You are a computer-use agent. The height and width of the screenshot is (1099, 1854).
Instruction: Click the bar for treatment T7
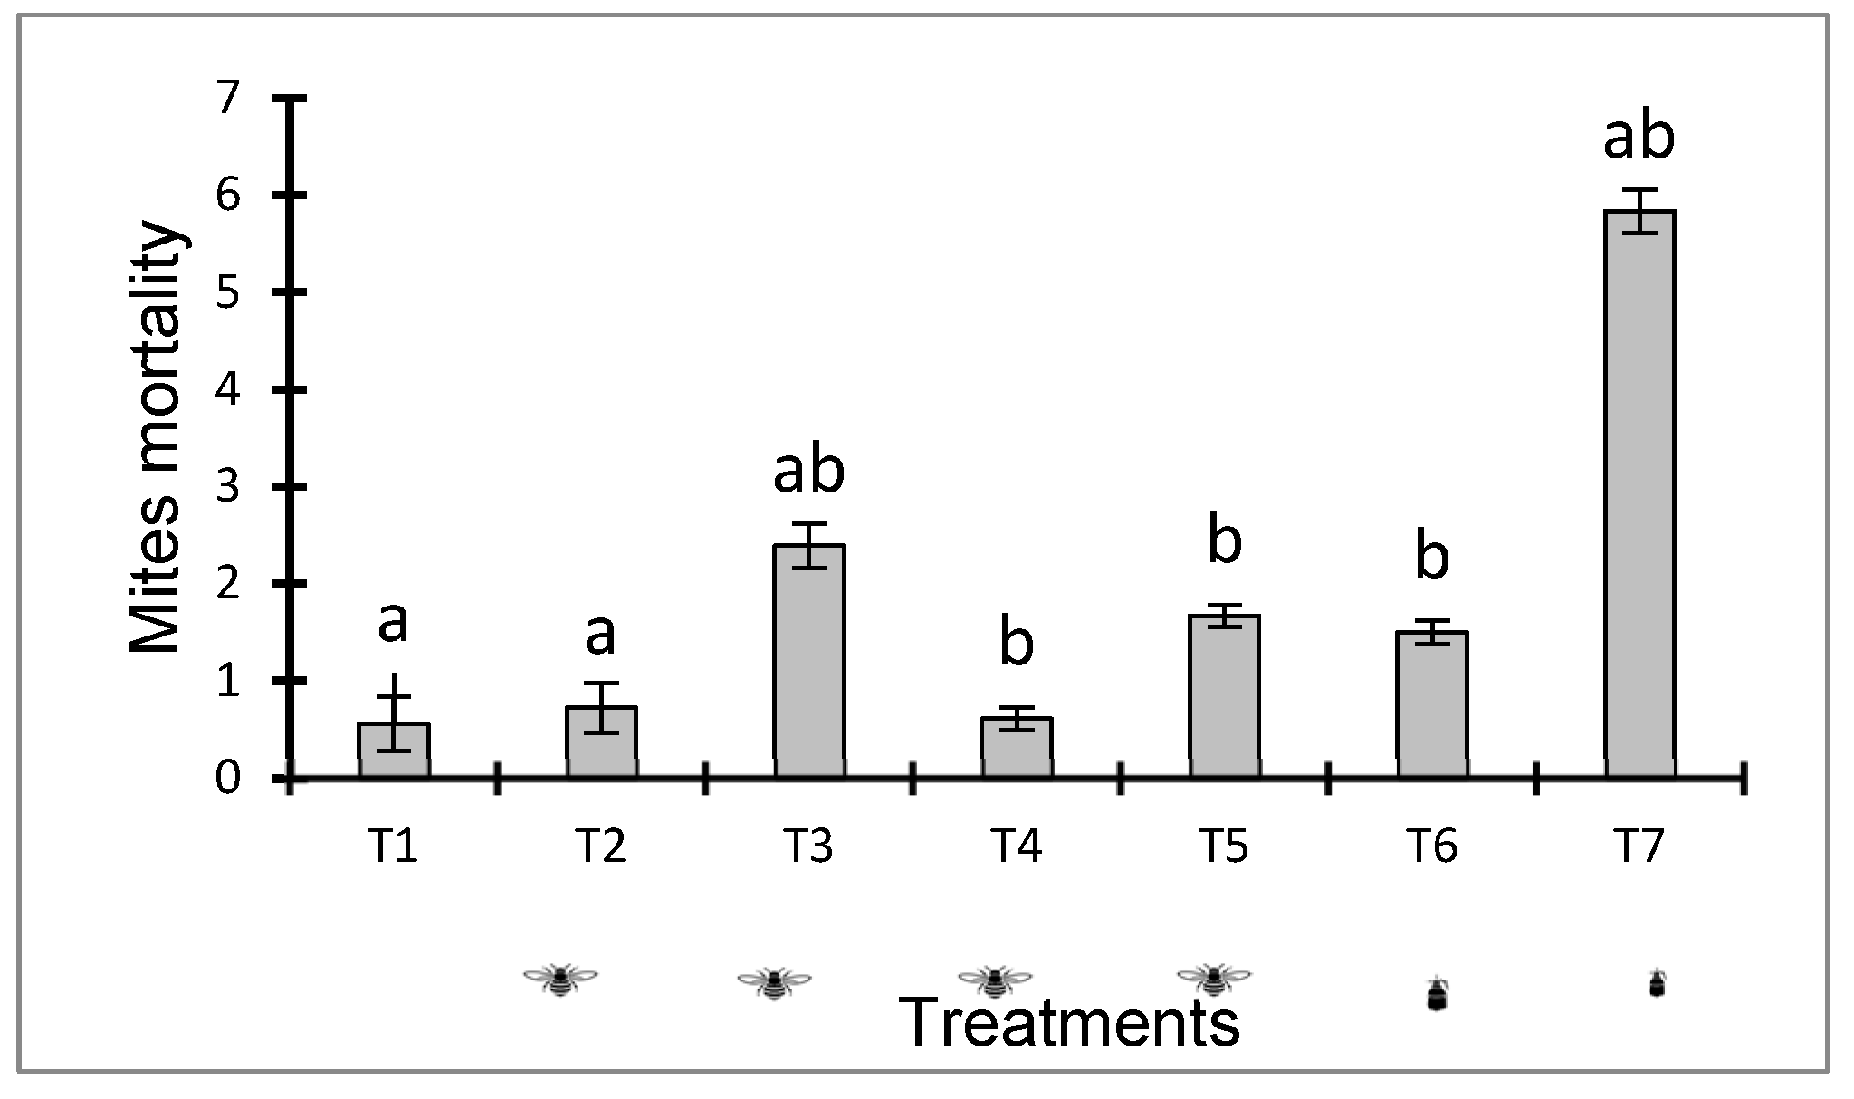pyautogui.click(x=1639, y=493)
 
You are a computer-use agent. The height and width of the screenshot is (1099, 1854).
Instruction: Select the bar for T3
pyautogui.click(x=809, y=660)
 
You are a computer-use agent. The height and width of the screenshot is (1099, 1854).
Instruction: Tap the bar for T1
pyautogui.click(x=394, y=749)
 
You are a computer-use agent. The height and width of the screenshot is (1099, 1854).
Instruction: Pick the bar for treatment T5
pyautogui.click(x=1224, y=695)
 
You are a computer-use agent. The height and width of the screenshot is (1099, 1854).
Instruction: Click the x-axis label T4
pyautogui.click(x=1017, y=846)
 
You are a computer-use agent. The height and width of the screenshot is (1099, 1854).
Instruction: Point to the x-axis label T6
pyautogui.click(x=1432, y=846)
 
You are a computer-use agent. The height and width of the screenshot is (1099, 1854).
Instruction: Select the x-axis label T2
pyautogui.click(x=600, y=846)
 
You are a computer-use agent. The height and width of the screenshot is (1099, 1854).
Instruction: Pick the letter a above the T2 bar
pyautogui.click(x=600, y=634)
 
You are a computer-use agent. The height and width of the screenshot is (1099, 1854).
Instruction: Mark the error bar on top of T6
pyautogui.click(x=1432, y=631)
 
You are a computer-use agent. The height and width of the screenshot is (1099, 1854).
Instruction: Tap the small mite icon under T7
pyautogui.click(x=1656, y=984)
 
